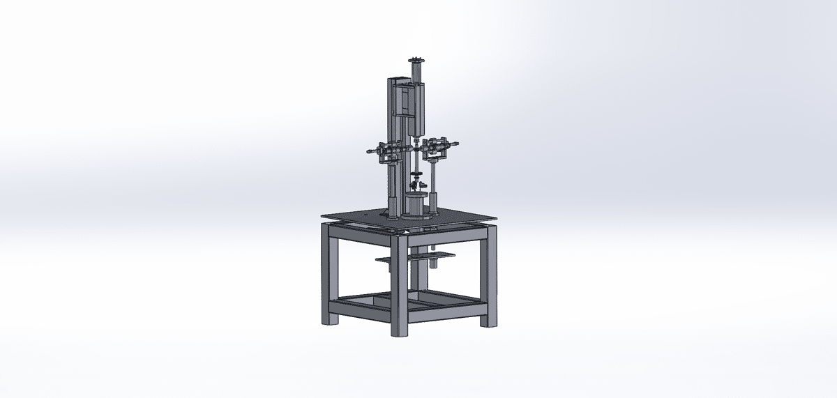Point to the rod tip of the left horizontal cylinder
click(x=367, y=151)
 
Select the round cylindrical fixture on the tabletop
click(x=416, y=206)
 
